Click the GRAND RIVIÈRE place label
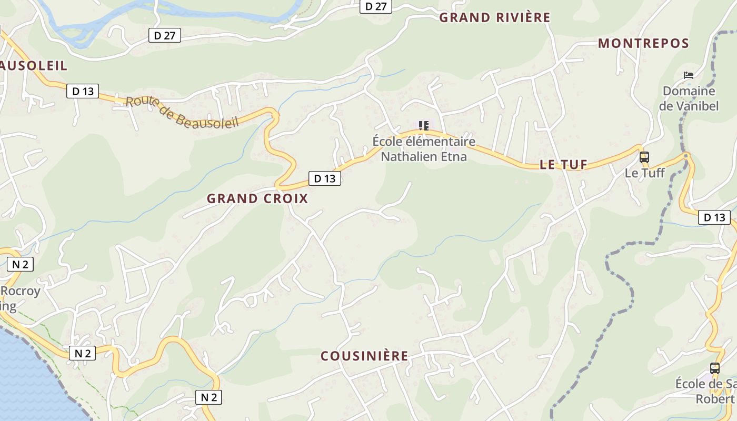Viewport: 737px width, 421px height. tap(495, 17)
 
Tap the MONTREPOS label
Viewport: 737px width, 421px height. tap(643, 43)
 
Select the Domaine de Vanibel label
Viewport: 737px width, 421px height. tap(689, 98)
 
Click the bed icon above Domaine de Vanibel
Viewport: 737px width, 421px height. tap(688, 75)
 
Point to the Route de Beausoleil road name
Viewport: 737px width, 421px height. tap(182, 111)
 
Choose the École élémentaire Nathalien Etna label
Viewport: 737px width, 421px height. tap(424, 149)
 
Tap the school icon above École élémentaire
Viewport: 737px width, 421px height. tap(424, 125)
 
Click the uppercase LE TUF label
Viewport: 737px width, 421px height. tap(563, 165)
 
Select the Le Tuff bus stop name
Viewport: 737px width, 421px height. tap(645, 173)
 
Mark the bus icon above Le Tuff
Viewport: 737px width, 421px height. tap(644, 157)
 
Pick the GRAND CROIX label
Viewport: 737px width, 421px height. tap(257, 198)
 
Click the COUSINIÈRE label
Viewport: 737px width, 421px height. tap(364, 356)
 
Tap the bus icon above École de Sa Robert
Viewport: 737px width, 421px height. tap(714, 368)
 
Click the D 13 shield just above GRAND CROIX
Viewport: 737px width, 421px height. tap(324, 178)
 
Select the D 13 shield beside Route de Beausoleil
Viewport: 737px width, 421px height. tap(83, 91)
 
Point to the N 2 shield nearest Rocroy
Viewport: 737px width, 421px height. tap(20, 264)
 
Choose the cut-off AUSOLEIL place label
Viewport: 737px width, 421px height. tap(34, 66)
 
